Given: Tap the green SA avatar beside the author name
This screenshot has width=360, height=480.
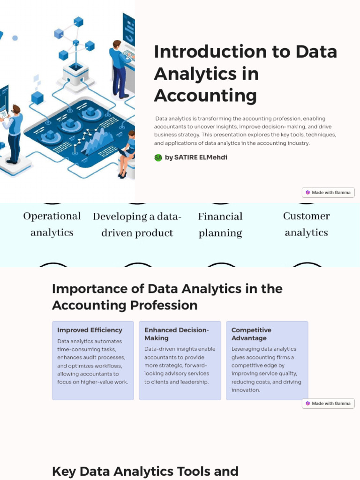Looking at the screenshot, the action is point(158,157).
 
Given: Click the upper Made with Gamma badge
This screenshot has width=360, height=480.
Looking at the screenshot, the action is point(328,192).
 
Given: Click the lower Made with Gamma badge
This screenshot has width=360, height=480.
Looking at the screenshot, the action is point(328,403).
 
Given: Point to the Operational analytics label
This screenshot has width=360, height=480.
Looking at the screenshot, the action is point(52,224).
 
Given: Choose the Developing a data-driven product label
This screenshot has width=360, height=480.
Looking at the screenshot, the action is point(137,225).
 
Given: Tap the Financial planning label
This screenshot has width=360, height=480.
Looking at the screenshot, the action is point(220,225).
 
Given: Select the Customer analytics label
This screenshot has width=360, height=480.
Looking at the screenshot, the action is point(307,224).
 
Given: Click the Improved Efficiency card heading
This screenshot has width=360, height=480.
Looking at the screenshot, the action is point(90,330).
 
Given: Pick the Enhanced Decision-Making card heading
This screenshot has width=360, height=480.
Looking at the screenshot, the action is point(176,334).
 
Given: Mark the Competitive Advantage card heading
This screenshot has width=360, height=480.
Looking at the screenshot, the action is point(251,334).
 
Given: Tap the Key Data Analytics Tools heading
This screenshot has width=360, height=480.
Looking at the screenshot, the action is point(145,471).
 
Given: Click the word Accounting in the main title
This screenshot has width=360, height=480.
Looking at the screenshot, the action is point(205,95).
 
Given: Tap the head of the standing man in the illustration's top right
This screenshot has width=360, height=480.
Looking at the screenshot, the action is point(116,45).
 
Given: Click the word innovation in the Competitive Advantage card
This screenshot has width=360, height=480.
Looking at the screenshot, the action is point(246,390).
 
